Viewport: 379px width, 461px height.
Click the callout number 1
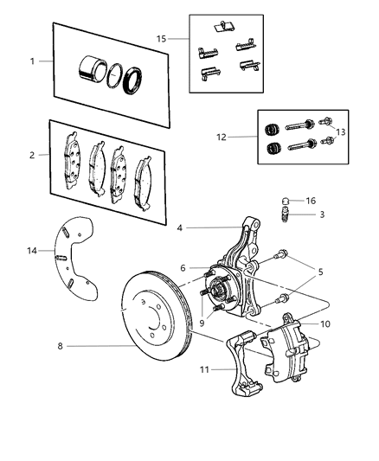[33, 61]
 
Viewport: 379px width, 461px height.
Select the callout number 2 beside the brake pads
[33, 155]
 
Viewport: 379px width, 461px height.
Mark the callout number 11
[205, 370]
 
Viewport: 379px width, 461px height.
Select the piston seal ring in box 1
[132, 80]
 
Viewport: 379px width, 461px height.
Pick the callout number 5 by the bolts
[322, 272]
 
